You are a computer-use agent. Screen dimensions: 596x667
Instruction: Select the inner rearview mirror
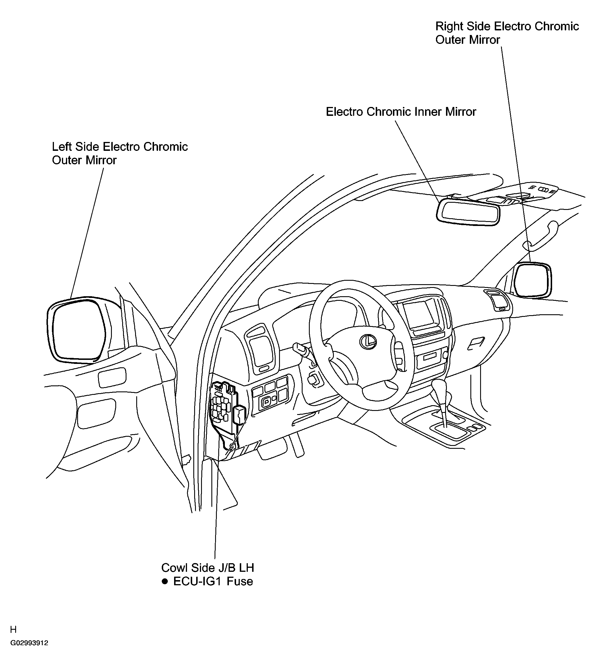pos(468,212)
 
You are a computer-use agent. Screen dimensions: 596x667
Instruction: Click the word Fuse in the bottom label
pos(240,581)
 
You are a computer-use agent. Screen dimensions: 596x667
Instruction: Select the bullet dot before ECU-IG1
pos(165,582)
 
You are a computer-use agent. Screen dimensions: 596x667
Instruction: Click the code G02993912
pos(29,643)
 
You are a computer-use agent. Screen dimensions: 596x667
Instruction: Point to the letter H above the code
pos(13,629)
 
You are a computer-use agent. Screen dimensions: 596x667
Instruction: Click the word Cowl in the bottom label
pos(175,567)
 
